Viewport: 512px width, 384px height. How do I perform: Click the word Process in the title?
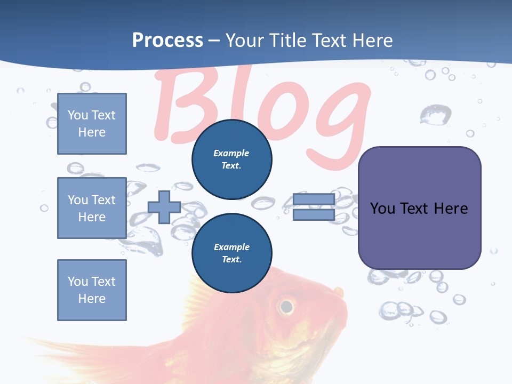[x=167, y=41]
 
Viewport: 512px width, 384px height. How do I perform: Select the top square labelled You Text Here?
[x=92, y=124]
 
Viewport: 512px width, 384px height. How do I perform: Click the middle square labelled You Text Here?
[x=92, y=208]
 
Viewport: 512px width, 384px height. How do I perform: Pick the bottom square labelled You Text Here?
[x=92, y=290]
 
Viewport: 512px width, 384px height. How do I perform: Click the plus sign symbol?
[x=164, y=207]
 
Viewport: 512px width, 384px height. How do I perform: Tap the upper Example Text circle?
[x=232, y=159]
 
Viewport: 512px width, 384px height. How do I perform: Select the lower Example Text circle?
[x=232, y=253]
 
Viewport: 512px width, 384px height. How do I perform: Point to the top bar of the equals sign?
[x=314, y=199]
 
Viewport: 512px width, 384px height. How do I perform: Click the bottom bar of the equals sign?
[x=314, y=215]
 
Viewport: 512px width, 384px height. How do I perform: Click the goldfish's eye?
[x=286, y=306]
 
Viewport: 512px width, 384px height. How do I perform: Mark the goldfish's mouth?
[x=339, y=293]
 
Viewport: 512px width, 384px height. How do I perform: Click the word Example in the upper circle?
[x=231, y=153]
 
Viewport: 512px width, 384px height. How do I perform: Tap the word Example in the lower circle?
[x=231, y=247]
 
